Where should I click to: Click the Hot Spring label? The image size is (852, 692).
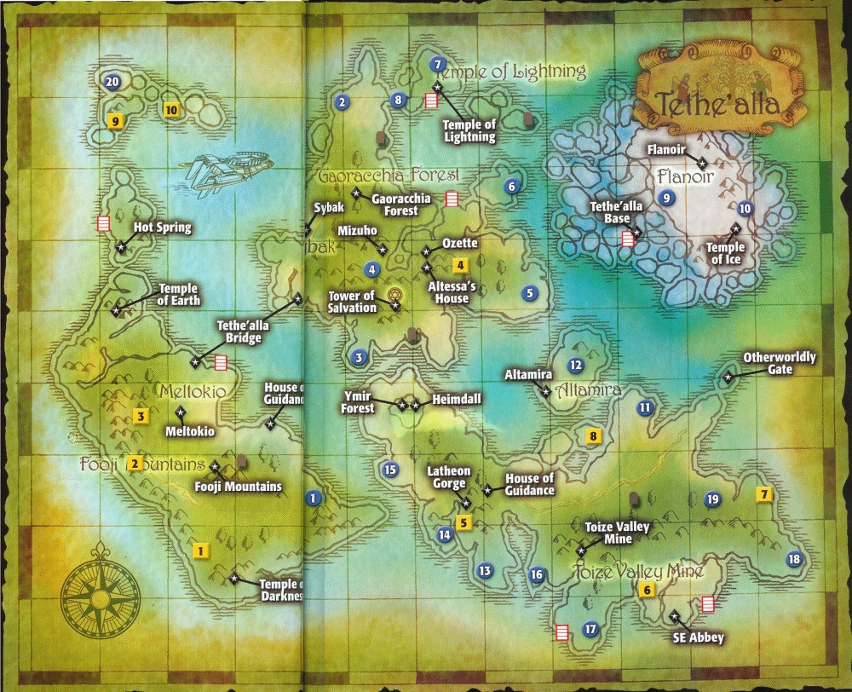click(163, 228)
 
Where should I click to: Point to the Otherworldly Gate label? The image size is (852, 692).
click(780, 363)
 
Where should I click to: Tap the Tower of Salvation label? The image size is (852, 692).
click(352, 302)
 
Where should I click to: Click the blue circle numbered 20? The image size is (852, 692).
click(112, 82)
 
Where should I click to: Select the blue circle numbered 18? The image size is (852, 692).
click(794, 559)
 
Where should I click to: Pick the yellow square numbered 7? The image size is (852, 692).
click(764, 494)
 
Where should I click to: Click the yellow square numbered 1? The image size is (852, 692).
click(200, 551)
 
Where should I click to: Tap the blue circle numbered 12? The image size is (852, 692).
click(575, 366)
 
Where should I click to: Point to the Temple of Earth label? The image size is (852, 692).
click(178, 294)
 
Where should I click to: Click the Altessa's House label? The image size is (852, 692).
click(452, 292)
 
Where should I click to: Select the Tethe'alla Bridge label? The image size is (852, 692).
click(239, 332)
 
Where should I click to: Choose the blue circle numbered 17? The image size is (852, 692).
click(590, 630)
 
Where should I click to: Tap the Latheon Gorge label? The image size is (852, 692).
click(448, 477)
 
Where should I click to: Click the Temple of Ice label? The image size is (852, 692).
click(725, 253)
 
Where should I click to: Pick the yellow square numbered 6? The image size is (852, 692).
click(647, 590)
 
